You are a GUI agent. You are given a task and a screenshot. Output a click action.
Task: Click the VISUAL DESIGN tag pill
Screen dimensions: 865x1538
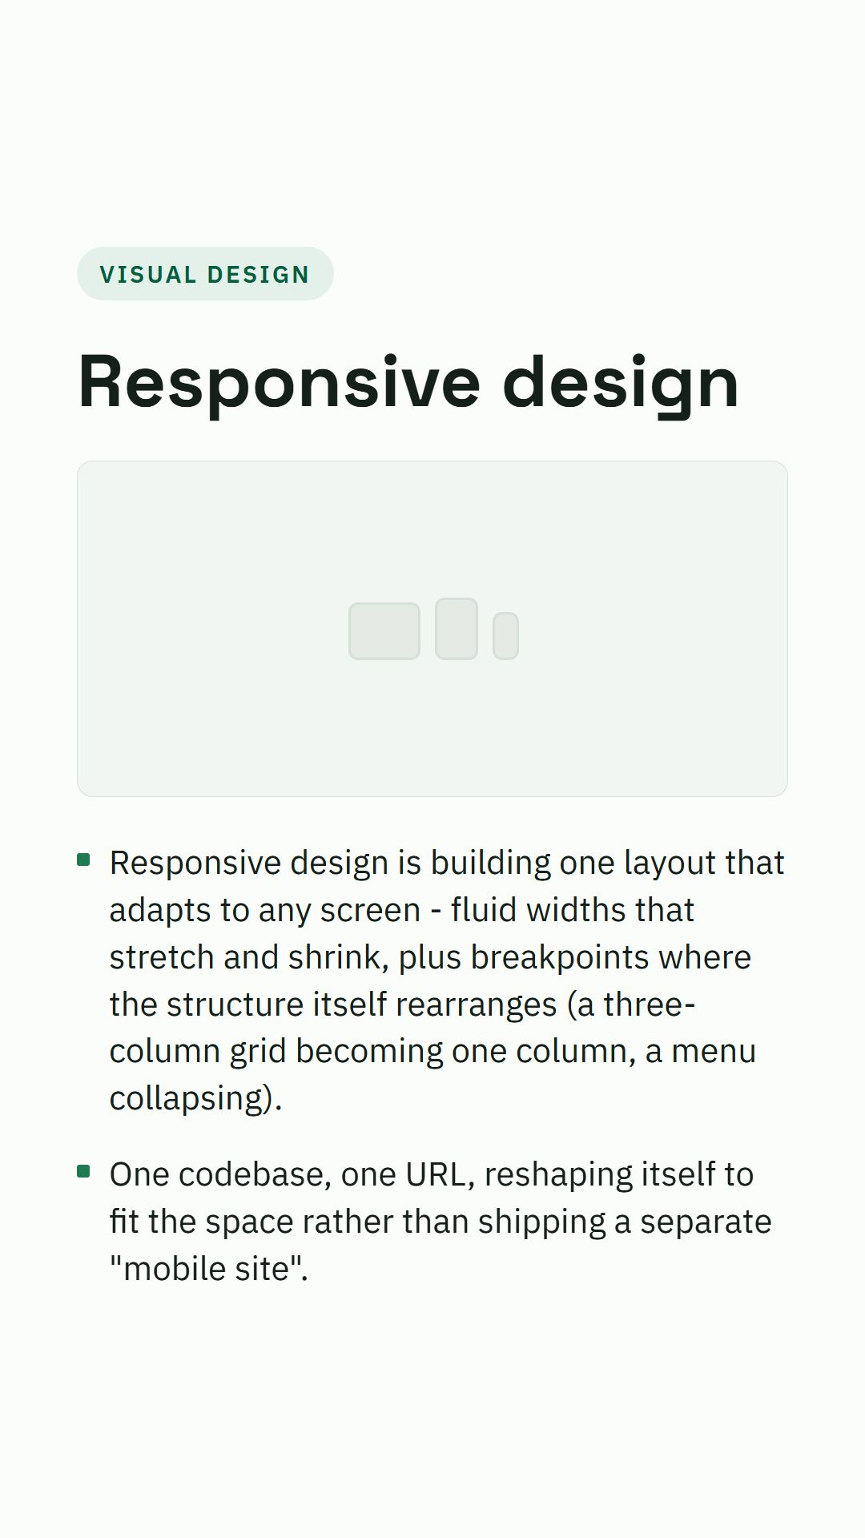point(205,274)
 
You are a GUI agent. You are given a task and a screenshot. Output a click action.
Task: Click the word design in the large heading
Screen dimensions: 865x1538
point(621,383)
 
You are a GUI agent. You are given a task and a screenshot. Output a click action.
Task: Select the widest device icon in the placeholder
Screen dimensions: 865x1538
point(384,631)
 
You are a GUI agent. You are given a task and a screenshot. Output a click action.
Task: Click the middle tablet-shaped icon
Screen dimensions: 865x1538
point(457,629)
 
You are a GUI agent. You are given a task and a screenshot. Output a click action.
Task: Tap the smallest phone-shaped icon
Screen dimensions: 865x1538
point(505,636)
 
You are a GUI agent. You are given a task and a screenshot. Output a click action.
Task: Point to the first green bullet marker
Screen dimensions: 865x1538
point(83,860)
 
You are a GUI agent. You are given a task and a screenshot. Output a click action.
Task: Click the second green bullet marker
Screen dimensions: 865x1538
point(83,1172)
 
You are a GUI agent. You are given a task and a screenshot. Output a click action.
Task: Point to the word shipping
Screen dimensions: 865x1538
point(541,1222)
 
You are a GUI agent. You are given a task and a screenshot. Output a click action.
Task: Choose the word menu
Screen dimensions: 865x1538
point(714,1052)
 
